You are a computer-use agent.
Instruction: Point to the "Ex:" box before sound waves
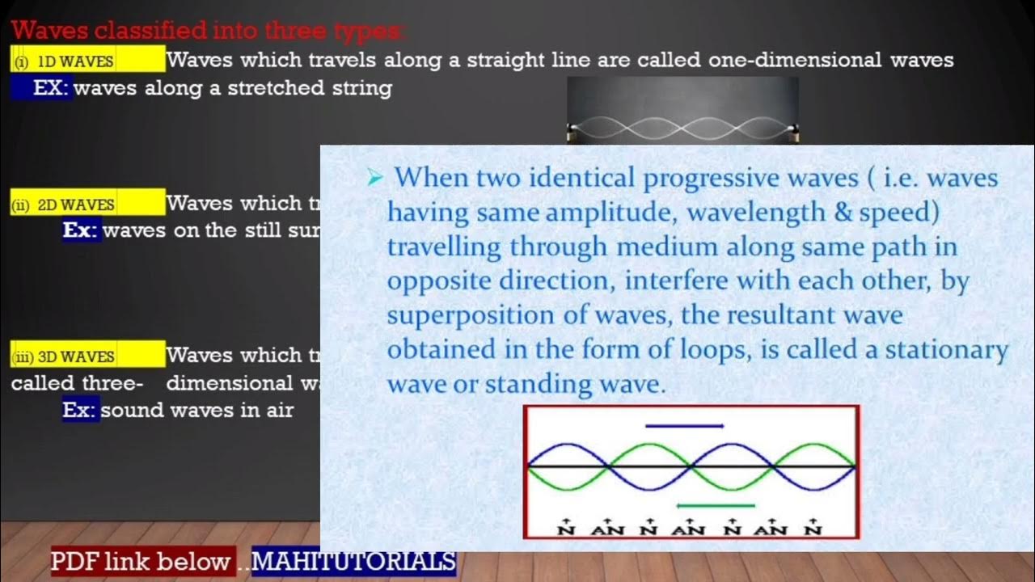81,410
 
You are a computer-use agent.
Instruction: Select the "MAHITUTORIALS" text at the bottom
353,561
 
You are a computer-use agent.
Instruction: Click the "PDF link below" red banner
142,561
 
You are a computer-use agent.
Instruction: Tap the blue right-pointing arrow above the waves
684,425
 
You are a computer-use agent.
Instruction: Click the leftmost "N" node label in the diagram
566,529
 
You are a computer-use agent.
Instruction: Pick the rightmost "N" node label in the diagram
813,529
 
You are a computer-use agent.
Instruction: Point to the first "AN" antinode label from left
607,529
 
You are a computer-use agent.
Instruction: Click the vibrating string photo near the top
682,111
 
